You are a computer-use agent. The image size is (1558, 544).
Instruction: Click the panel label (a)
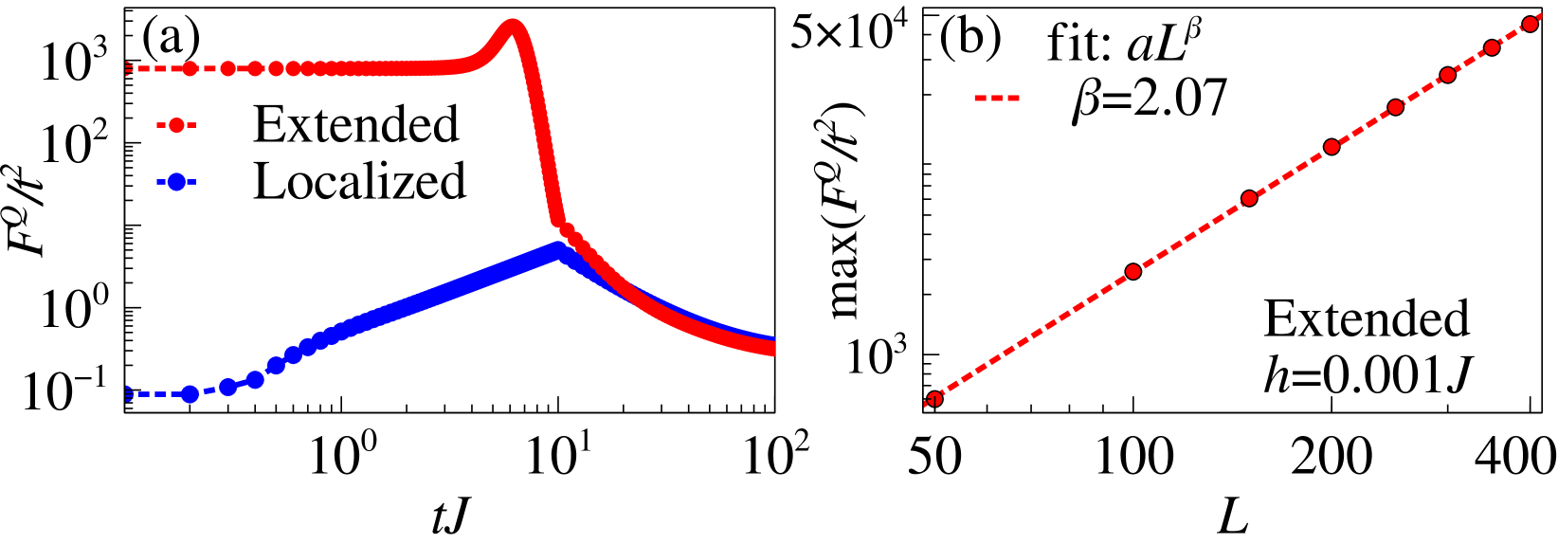pyautogui.click(x=171, y=40)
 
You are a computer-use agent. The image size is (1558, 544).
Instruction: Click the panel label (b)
pyautogui.click(x=969, y=40)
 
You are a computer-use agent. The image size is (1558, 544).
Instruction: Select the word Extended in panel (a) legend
pyautogui.click(x=355, y=124)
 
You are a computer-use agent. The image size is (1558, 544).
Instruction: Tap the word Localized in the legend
pyautogui.click(x=359, y=181)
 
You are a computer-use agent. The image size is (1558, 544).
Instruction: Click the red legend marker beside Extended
pyautogui.click(x=175, y=125)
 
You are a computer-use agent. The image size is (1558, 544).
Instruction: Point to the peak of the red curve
pyautogui.click(x=512, y=26)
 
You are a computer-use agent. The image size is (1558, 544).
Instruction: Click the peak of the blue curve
pyautogui.click(x=559, y=249)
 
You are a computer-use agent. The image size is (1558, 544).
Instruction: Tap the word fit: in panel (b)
pyautogui.click(x=1078, y=44)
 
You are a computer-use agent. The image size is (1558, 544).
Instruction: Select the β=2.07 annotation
pyautogui.click(x=1149, y=98)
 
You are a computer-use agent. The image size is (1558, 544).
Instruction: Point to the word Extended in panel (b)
pyautogui.click(x=1366, y=318)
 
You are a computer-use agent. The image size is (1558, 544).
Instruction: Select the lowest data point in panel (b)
pyautogui.click(x=934, y=399)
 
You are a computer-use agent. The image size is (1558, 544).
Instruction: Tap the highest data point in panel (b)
pyautogui.click(x=1529, y=24)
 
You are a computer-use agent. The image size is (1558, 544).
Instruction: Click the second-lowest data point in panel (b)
pyautogui.click(x=1132, y=272)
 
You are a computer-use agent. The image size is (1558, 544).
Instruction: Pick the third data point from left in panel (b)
pyautogui.click(x=1249, y=198)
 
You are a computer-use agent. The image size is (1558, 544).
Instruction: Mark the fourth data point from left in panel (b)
pyautogui.click(x=1332, y=146)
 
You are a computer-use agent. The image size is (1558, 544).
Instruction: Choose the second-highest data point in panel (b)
pyautogui.click(x=1491, y=47)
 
